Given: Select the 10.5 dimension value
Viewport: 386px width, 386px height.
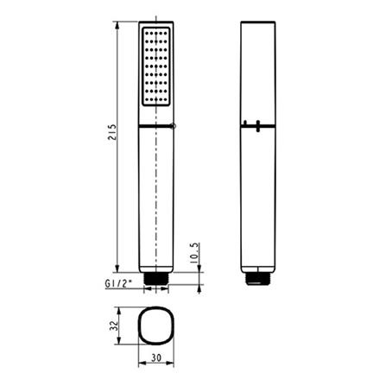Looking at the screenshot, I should (x=195, y=256).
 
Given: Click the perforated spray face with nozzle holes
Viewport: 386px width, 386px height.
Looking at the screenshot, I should (x=155, y=67).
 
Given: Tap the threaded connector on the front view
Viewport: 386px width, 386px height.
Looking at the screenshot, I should (x=155, y=278).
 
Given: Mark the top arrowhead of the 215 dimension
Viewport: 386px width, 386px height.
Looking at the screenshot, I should (x=117, y=22).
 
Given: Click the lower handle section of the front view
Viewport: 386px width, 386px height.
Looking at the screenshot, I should (x=155, y=199).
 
